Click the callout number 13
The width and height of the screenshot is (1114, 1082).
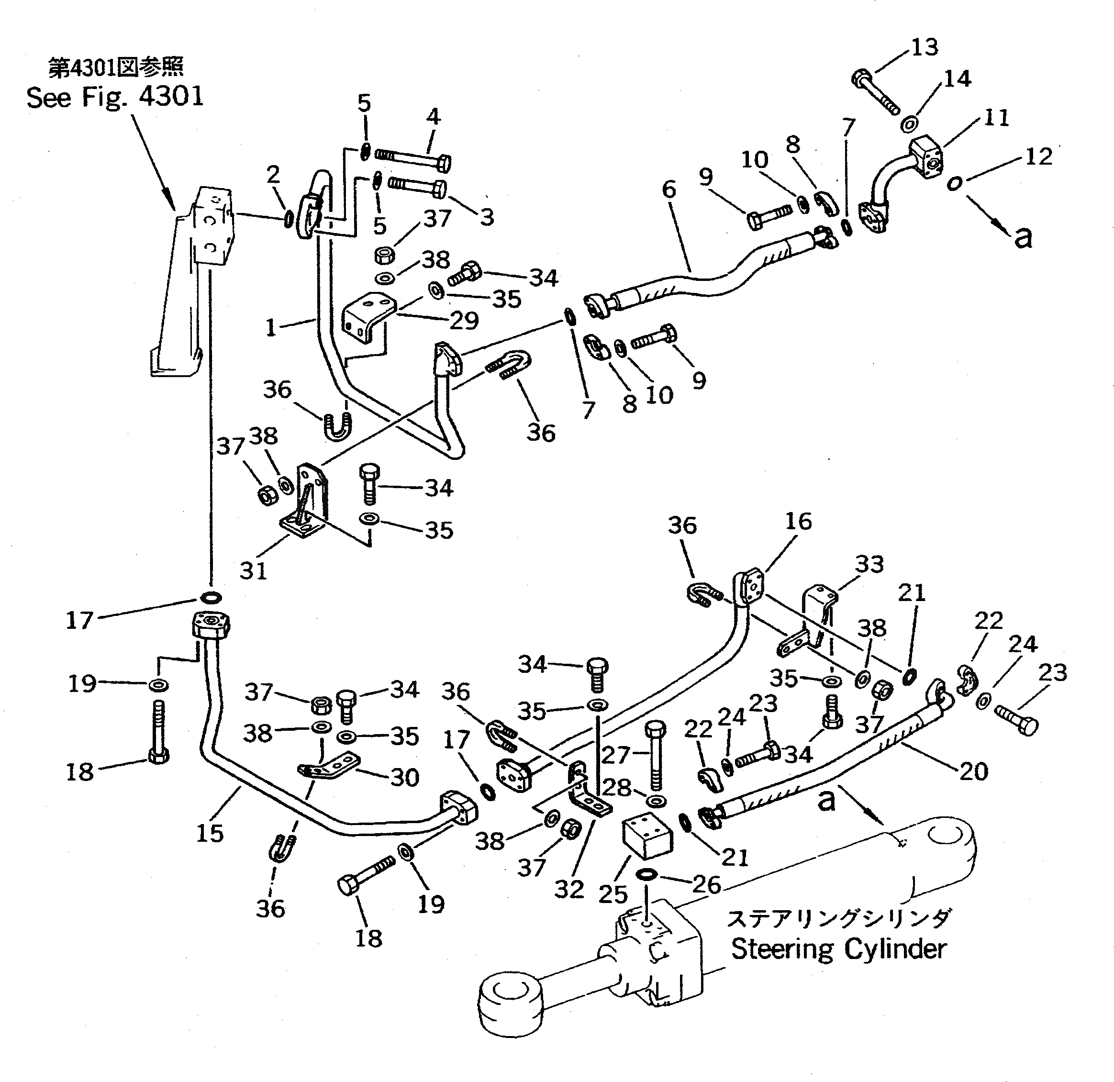924,48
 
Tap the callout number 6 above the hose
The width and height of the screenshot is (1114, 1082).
669,189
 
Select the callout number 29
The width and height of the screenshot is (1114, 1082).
464,321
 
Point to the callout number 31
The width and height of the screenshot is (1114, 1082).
253,570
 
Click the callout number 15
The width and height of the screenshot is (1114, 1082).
210,834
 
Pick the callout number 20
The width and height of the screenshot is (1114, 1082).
974,771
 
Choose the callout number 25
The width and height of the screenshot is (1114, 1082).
613,894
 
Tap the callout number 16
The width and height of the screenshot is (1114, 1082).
798,521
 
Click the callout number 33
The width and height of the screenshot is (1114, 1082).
869,564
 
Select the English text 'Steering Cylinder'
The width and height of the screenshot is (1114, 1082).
838,949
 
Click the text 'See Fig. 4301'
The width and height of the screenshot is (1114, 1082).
115,97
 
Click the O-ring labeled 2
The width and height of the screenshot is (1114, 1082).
289,219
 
